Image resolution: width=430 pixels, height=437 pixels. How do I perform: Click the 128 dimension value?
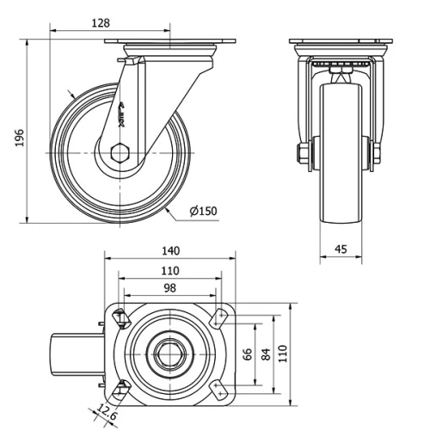pos(101,23)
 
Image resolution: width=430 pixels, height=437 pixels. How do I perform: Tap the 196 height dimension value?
pos(20,138)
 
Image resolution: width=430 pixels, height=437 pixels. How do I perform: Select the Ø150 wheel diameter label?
pos(204,211)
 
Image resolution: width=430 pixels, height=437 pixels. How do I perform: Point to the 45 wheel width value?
pos(341,249)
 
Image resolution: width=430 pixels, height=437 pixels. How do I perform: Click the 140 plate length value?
pos(171,251)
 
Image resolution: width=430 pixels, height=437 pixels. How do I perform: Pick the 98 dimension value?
pos(170,288)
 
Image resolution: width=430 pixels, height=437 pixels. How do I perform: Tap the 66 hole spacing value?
pos(247,354)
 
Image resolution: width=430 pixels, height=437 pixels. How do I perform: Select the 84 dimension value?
pos(266,354)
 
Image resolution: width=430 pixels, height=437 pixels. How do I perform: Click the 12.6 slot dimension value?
pos(107,412)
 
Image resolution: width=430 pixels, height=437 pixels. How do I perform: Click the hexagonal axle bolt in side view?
pos(120,152)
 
